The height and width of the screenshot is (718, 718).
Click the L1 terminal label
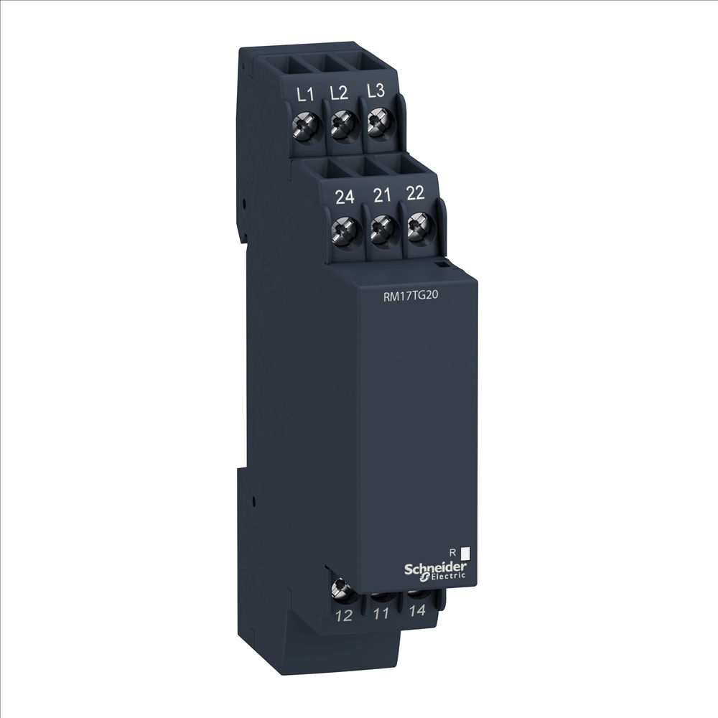(304, 94)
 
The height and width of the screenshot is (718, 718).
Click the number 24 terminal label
(344, 197)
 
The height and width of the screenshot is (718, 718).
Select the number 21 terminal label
(381, 195)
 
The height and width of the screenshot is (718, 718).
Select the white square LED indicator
(465, 553)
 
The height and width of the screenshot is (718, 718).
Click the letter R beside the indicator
(451, 552)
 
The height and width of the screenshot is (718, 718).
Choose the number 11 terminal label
(381, 615)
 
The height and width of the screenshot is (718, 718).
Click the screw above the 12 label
(340, 590)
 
